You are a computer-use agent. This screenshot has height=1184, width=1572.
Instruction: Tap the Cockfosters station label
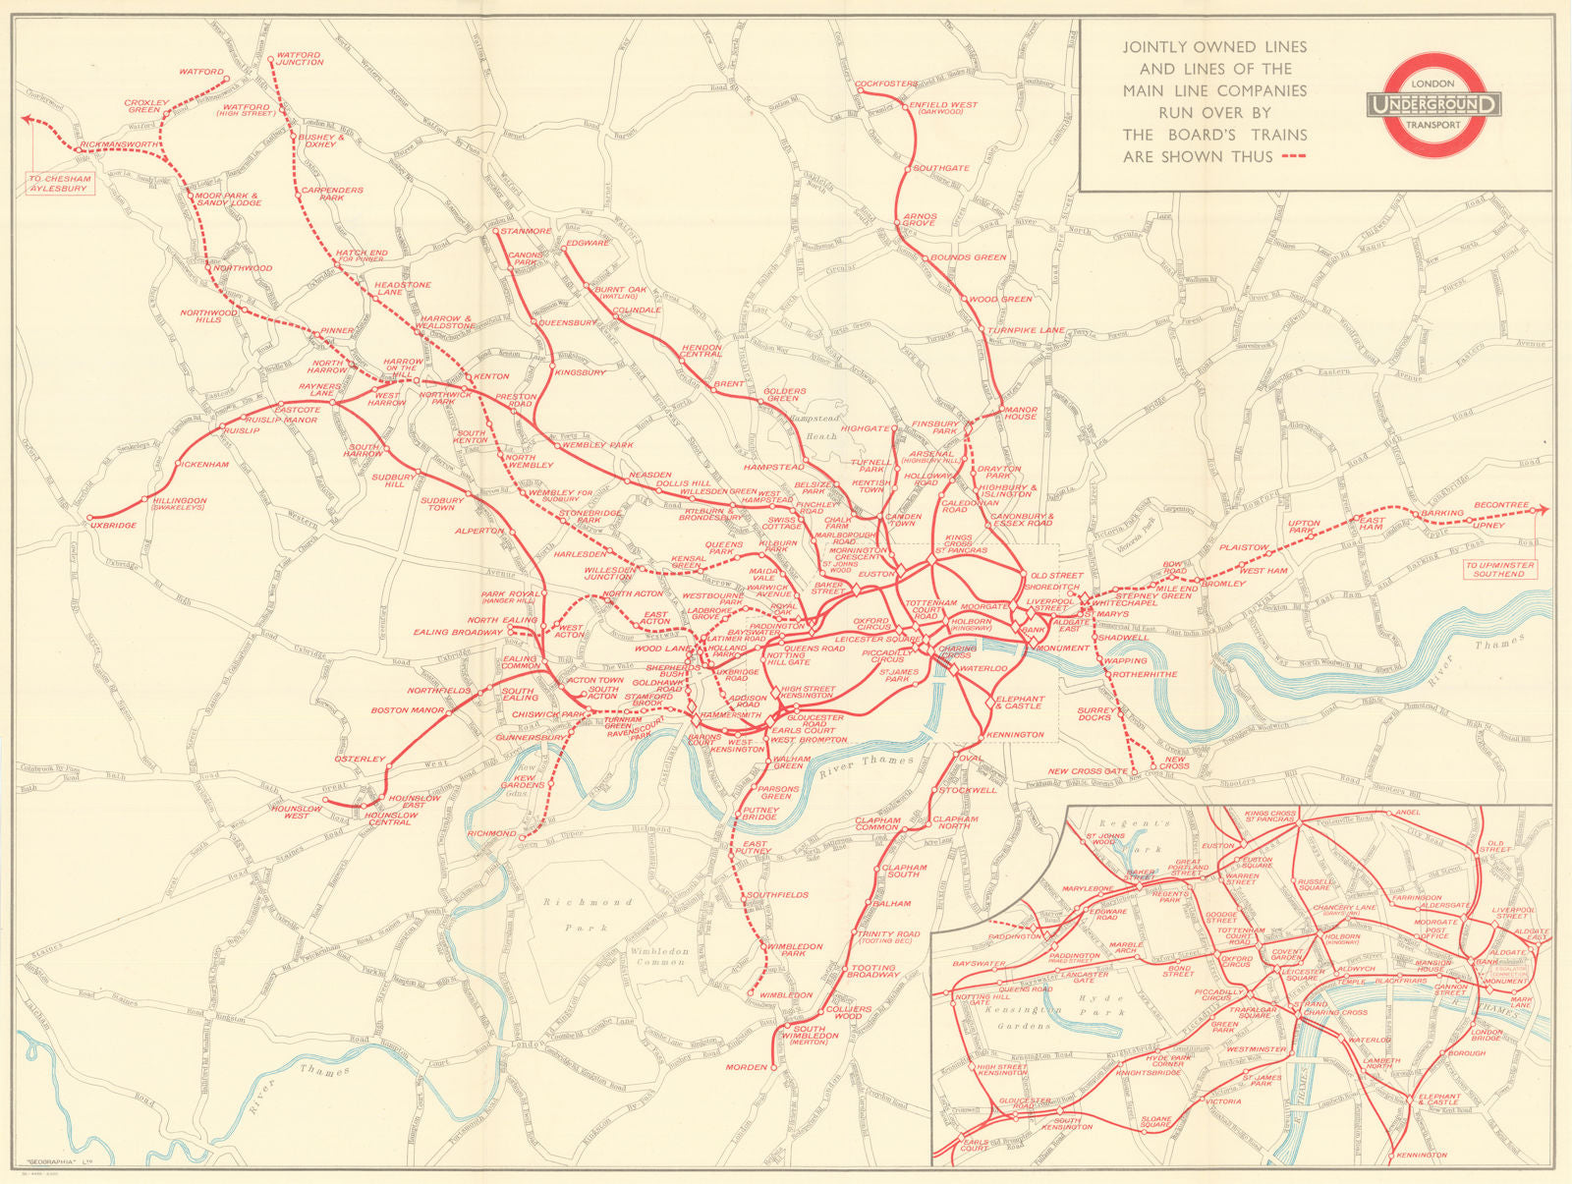click(x=886, y=85)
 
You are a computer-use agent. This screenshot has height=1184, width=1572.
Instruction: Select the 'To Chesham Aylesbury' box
click(x=60, y=183)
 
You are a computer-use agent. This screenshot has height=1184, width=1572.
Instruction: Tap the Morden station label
click(x=746, y=1067)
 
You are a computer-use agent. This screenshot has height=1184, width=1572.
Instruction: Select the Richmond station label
click(x=492, y=833)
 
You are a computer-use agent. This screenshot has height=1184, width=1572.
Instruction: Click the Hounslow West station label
click(x=296, y=813)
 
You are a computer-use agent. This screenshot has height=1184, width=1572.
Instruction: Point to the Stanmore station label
click(x=526, y=232)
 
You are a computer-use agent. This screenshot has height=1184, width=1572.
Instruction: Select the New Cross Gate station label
click(x=1088, y=771)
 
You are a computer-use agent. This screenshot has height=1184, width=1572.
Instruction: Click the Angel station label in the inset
click(x=1408, y=813)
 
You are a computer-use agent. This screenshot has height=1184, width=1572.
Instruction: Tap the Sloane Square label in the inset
click(x=1156, y=1120)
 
